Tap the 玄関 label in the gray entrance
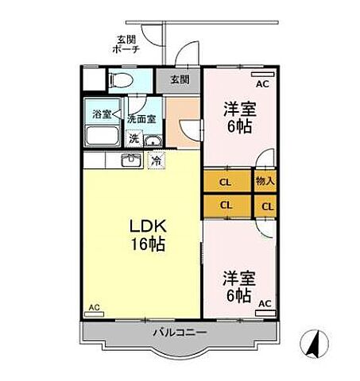click(180, 79)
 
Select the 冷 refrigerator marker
click(157, 160)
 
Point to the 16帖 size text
click(148, 245)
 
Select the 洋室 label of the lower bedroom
click(237, 279)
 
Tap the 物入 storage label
click(265, 182)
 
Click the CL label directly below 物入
click(265, 206)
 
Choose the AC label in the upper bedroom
click(261, 82)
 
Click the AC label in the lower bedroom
click(264, 303)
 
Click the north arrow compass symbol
click(312, 344)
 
